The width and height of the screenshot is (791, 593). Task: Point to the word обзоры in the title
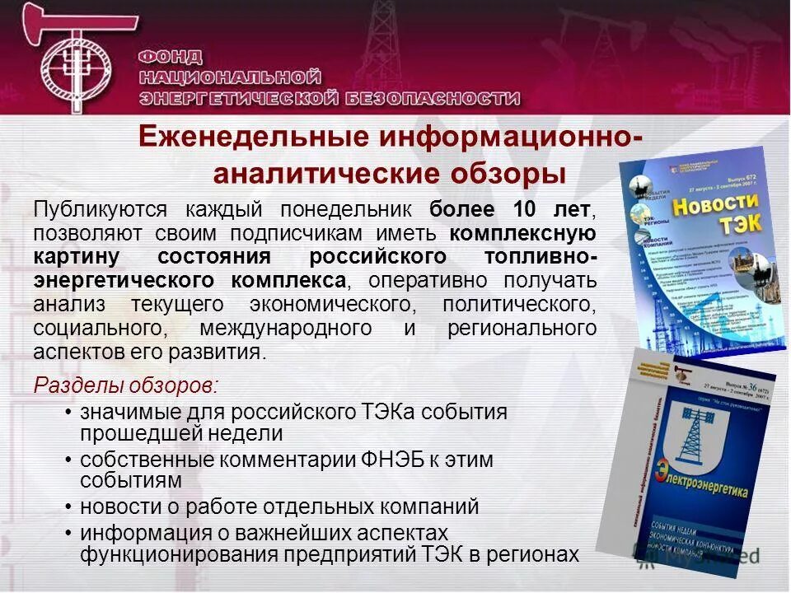[x=508, y=175]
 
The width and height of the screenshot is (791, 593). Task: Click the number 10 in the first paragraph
[x=526, y=209]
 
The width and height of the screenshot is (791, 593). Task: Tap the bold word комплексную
[x=524, y=233]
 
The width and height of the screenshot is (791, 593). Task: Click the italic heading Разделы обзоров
[x=126, y=385]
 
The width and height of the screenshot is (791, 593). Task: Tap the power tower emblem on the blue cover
[x=688, y=435]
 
